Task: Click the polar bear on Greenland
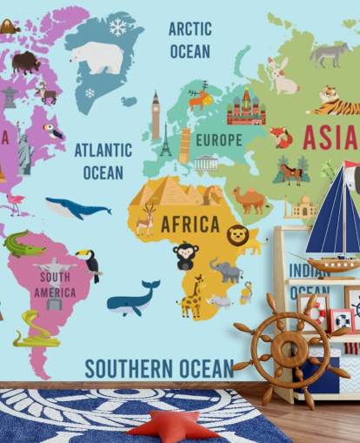98,58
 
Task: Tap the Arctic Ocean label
190,40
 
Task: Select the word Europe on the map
218,140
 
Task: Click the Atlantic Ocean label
103,161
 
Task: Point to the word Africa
190,225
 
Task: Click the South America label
55,285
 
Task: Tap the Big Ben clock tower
156,115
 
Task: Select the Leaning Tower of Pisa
184,145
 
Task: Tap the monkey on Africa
185,256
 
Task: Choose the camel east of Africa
251,201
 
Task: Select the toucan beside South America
89,264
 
